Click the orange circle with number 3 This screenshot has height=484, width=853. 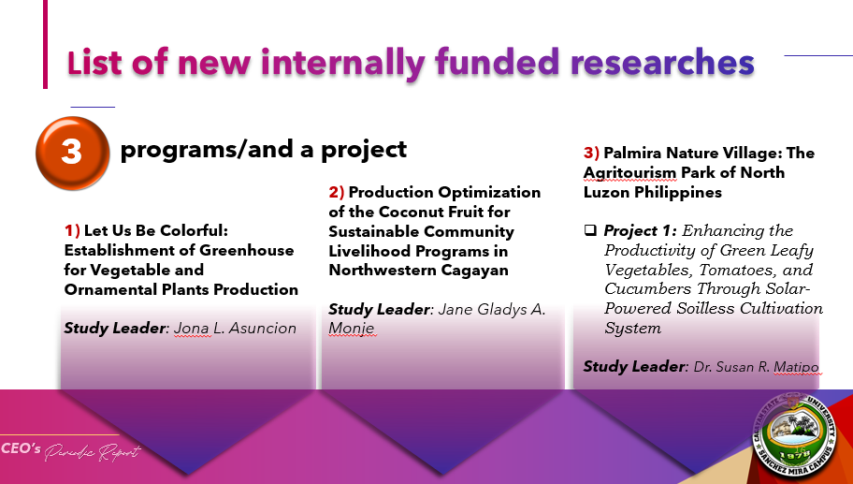tap(72, 153)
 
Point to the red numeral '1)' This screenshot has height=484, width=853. tap(72, 231)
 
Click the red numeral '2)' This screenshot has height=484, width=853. tap(336, 192)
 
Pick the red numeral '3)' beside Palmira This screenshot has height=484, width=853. tap(591, 153)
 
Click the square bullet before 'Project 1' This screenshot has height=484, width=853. tap(590, 230)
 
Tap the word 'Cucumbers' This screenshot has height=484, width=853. tap(648, 288)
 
